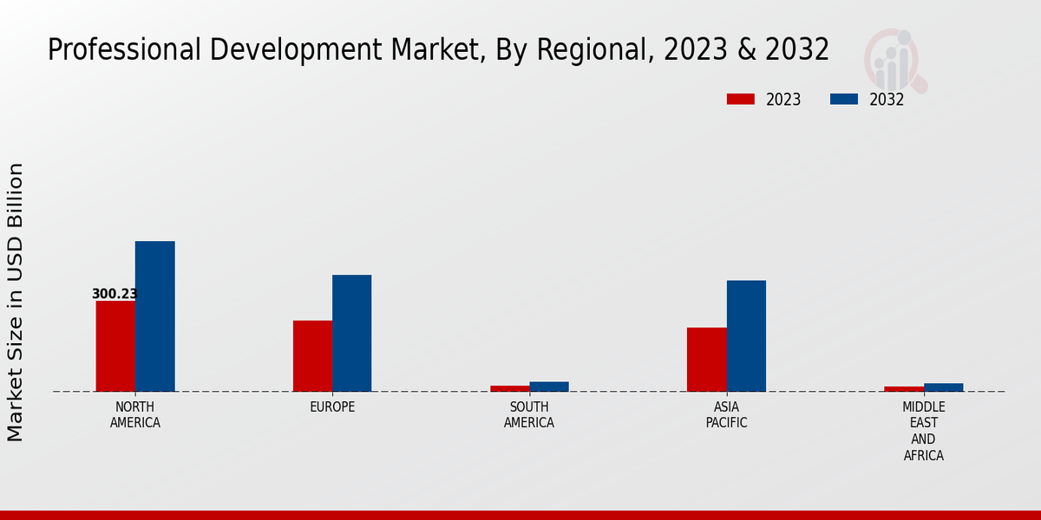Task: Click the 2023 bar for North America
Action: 115,346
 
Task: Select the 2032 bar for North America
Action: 154,316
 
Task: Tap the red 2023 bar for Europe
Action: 312,356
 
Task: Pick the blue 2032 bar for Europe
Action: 351,333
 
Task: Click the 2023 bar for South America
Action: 509,388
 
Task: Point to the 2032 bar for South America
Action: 549,387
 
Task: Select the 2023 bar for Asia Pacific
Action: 706,360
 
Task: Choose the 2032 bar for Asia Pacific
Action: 746,335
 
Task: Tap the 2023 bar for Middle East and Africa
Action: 904,389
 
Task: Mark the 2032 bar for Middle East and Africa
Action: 943,387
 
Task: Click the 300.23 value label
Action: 115,294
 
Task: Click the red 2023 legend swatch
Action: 740,100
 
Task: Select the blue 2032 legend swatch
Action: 843,100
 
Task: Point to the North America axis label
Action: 135,415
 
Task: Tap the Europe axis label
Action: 332,407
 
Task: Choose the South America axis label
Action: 529,415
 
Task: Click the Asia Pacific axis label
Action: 726,415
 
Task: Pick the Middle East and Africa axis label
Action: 923,431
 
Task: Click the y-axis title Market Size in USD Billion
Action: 16,302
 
